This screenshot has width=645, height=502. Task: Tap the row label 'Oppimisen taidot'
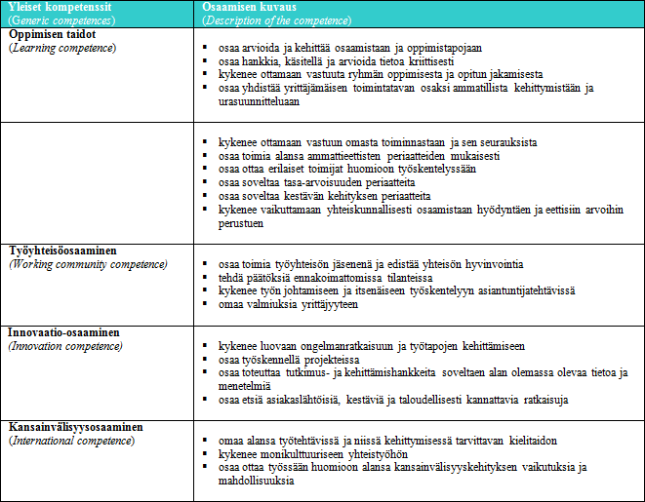52,34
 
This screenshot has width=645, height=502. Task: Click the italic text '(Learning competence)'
61,47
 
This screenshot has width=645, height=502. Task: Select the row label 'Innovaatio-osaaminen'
64,332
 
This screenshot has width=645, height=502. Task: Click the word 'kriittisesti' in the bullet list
427,60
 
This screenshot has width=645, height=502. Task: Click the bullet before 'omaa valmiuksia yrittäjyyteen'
206,305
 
